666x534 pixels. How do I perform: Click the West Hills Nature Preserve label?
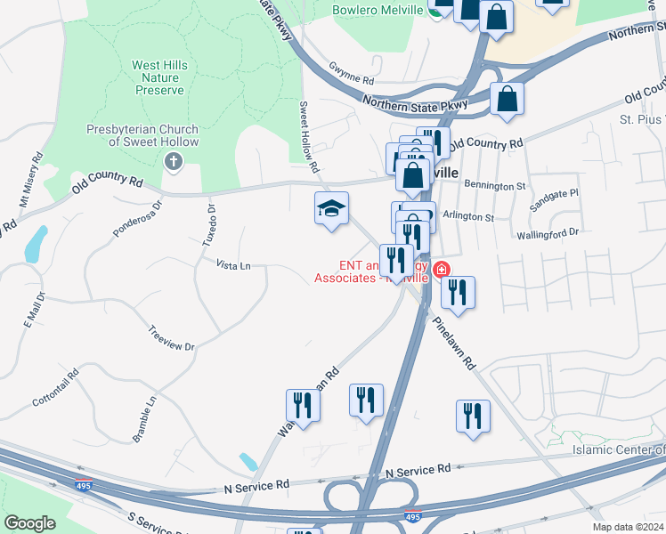tap(158, 77)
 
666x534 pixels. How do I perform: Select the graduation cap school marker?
tap(331, 209)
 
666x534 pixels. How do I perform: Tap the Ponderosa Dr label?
tap(138, 219)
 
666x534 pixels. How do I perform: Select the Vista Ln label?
tap(233, 264)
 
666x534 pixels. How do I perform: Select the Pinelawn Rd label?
tap(456, 339)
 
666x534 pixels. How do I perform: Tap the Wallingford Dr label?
tap(548, 232)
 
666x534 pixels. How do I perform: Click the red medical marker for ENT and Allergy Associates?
tap(440, 269)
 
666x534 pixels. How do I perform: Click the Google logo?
tap(30, 522)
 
